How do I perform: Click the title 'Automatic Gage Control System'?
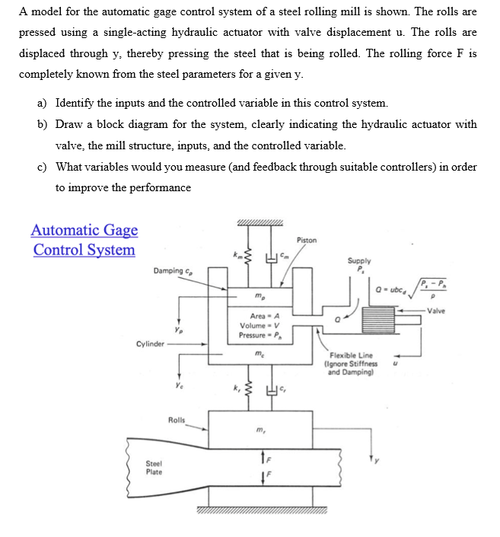click(84, 239)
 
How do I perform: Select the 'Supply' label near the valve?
click(358, 261)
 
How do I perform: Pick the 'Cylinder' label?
click(150, 344)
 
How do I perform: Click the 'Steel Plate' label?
click(154, 467)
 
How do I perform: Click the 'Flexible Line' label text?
click(352, 356)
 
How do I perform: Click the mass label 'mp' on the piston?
click(260, 296)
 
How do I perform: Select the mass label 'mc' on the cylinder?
click(260, 354)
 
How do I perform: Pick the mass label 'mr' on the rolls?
click(260, 432)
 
